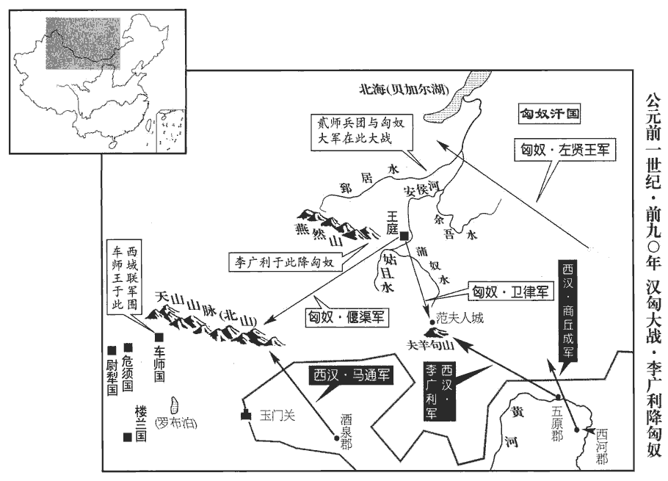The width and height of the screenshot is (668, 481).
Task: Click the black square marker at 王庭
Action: (x=404, y=235)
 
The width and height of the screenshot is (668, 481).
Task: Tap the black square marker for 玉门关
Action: (x=245, y=417)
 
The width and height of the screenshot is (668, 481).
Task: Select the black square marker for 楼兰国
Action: (x=128, y=437)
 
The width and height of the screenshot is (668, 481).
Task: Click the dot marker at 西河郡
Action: (x=577, y=430)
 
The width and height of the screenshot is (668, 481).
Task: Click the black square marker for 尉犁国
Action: (x=112, y=350)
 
